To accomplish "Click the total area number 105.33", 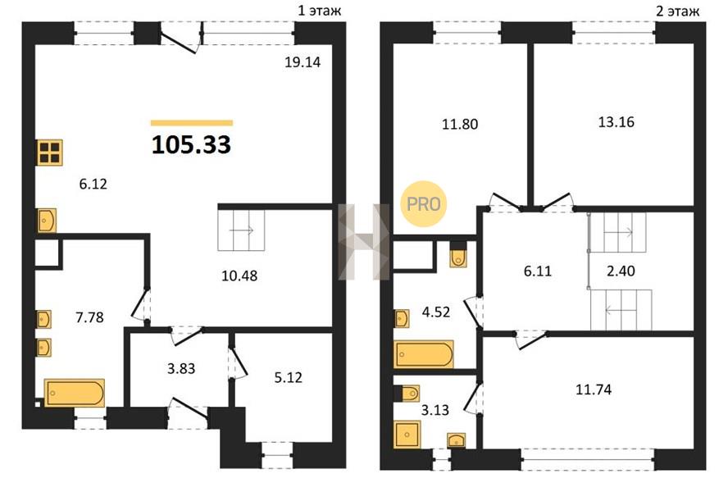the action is click(191, 144).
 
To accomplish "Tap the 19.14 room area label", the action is click(303, 61).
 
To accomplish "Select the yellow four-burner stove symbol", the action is click(50, 153).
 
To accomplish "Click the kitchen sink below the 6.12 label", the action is click(47, 221).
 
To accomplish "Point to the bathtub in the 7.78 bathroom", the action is click(75, 393).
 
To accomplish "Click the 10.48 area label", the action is click(239, 276).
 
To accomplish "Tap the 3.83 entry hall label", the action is click(181, 368).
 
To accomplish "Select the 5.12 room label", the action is click(288, 377).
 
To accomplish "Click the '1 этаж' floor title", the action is click(320, 10).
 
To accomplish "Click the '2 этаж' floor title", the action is click(677, 11).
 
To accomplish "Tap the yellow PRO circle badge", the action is click(423, 203).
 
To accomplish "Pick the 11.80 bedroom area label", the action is click(460, 124).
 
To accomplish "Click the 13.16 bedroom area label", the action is click(617, 121).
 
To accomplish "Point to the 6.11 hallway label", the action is click(538, 271).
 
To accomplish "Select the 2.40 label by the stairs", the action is click(621, 271).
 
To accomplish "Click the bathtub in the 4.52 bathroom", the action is click(424, 354).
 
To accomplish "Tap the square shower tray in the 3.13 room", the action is click(407, 435).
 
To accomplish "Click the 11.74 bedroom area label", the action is click(594, 389).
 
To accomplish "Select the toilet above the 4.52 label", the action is click(458, 255).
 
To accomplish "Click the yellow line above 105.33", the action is click(192, 123).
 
